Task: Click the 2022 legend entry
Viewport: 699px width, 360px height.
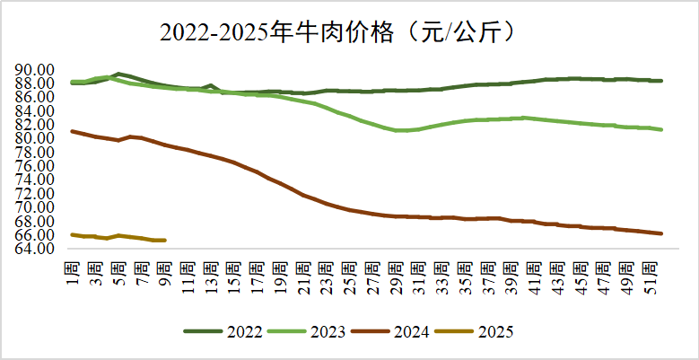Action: pyautogui.click(x=223, y=331)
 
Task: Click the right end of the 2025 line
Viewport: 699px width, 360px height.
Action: pyautogui.click(x=165, y=240)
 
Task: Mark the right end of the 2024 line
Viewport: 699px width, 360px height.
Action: pyautogui.click(x=661, y=233)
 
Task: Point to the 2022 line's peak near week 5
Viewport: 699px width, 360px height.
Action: pyautogui.click(x=118, y=74)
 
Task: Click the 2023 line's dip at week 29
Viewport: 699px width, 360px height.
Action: pyautogui.click(x=396, y=130)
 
